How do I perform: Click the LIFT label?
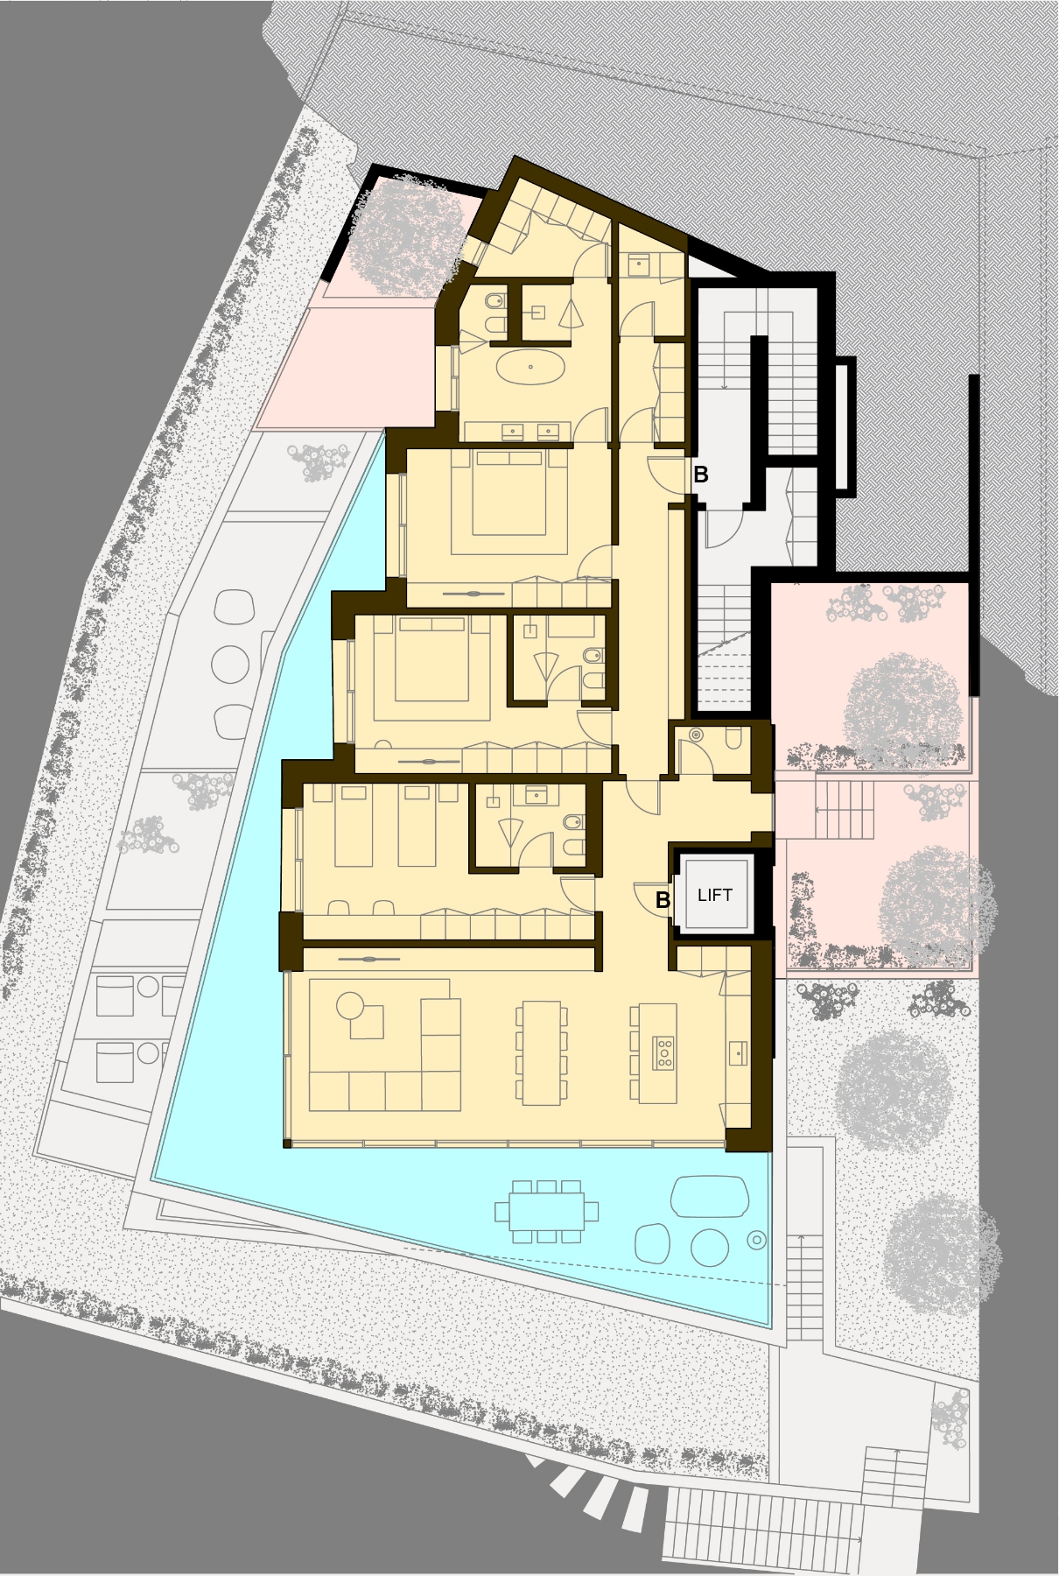[715, 895]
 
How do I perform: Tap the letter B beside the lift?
[663, 899]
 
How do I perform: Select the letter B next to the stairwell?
[700, 475]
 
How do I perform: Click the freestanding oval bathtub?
[531, 367]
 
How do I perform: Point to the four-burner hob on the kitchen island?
[663, 1052]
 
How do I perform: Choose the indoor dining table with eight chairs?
[542, 1052]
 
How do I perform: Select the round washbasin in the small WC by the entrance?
[697, 735]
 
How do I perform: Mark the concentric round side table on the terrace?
[757, 1239]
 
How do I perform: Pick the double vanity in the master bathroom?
[518, 430]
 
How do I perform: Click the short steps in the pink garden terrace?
[844, 810]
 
